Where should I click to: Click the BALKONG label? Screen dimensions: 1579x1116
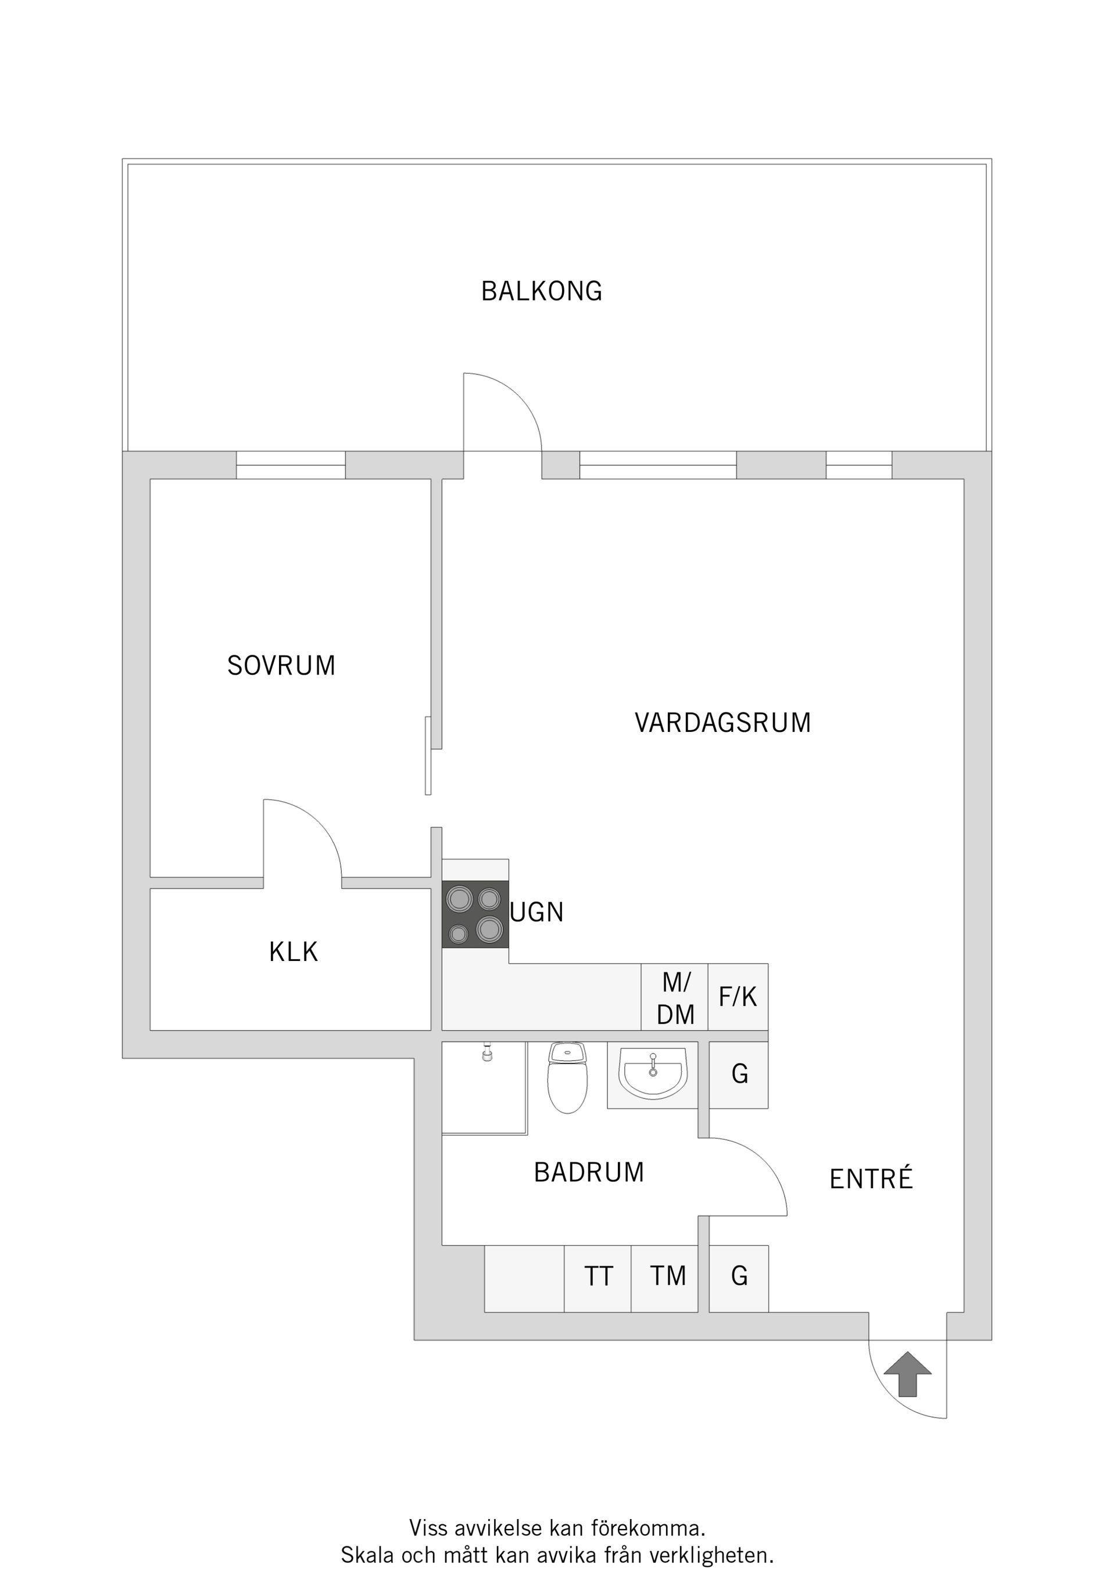tap(541, 292)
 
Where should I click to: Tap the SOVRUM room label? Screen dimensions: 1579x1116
tap(281, 666)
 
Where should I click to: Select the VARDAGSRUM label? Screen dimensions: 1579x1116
tap(722, 723)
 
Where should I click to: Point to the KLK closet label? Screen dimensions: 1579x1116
tap(294, 952)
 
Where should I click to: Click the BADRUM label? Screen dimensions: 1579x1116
tap(589, 1173)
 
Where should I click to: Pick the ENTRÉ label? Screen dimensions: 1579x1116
tap(871, 1180)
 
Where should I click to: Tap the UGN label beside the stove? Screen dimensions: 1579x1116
tap(537, 913)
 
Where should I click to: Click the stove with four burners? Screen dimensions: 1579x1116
tap(475, 914)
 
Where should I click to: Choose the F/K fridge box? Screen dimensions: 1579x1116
tap(738, 997)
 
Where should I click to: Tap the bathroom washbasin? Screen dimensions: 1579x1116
tap(653, 1074)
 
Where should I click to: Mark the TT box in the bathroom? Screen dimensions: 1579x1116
tap(598, 1277)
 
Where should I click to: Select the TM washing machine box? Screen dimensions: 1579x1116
tap(668, 1277)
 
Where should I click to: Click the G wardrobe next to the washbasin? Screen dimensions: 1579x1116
tap(739, 1074)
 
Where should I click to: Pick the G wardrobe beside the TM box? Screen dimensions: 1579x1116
tap(739, 1277)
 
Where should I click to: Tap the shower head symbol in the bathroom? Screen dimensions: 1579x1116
tap(488, 1053)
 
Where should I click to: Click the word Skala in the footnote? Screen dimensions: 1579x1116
tap(368, 1556)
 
